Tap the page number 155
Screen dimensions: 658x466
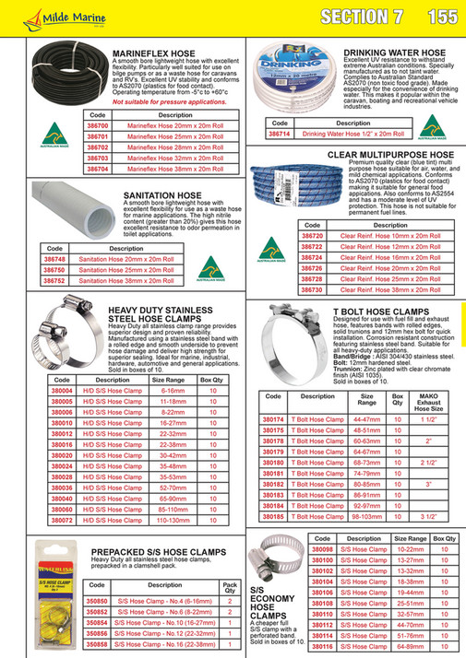coord(442,17)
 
